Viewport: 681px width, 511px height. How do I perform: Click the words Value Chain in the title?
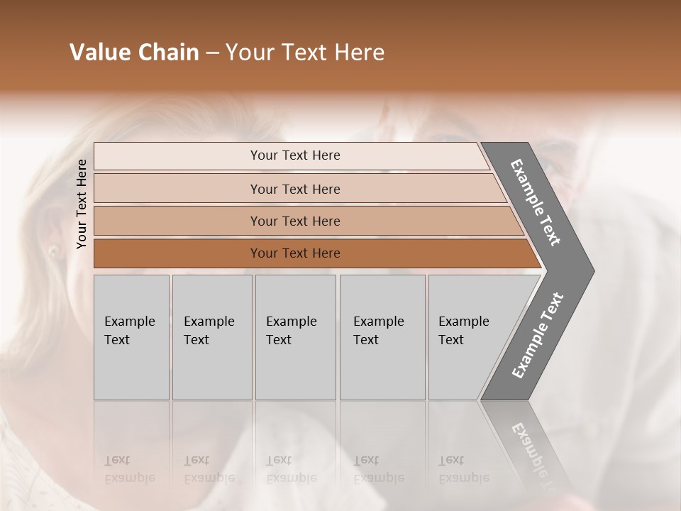134,53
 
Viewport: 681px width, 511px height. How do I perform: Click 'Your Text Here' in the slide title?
305,53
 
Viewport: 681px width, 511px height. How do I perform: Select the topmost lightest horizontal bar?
294,155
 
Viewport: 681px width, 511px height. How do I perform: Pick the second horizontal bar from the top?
294,189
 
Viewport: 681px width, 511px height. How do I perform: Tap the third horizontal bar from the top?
294,221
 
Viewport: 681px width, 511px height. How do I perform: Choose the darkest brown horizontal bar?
294,253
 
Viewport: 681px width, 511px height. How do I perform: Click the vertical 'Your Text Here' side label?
82,204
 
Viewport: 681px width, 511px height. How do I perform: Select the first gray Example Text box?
131,337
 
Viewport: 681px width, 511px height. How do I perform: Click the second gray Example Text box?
211,337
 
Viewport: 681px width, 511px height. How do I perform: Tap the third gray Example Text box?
294,337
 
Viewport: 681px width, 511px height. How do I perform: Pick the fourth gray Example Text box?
382,337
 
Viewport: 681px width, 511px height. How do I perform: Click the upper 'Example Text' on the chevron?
536,202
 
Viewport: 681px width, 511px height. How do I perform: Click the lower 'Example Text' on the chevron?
538,336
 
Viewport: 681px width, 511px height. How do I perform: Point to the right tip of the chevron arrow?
592,270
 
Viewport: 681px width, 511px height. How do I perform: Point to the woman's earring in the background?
52,251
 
